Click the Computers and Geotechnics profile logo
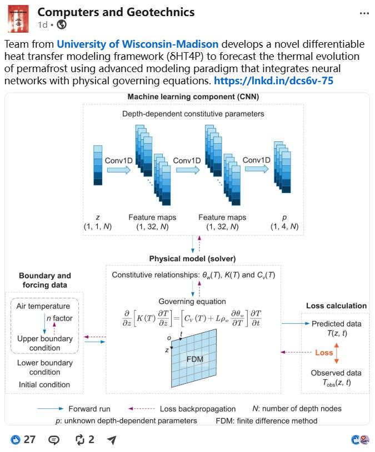[18, 19]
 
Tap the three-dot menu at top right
[364, 13]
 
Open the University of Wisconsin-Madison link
[137, 44]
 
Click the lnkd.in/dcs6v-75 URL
[273, 81]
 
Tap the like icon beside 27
[16, 440]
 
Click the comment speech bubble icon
[54, 440]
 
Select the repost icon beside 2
[79, 440]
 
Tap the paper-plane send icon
[112, 440]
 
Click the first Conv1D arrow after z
[119, 170]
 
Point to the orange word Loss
[324, 353]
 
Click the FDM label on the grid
[195, 359]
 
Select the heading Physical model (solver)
[192, 258]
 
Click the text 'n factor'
[59, 318]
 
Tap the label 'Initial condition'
[44, 384]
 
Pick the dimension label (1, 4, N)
[284, 227]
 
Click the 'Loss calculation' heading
[336, 306]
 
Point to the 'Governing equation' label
[192, 302]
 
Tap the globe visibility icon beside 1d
[62, 25]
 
